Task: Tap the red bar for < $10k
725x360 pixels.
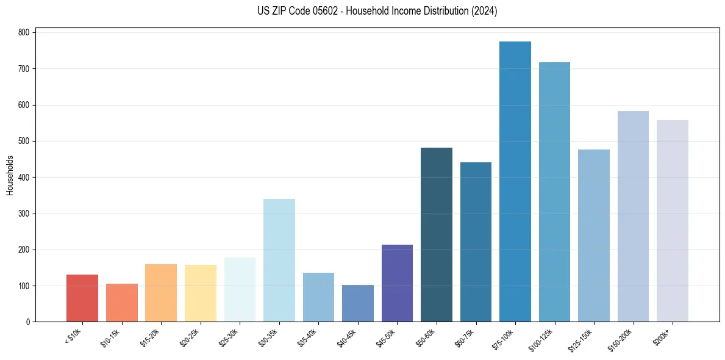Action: (x=82, y=298)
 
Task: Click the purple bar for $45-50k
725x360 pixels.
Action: (x=397, y=283)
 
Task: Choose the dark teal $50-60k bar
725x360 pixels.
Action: (x=437, y=235)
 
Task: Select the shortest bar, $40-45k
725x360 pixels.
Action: (x=358, y=303)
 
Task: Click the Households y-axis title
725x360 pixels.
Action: (x=10, y=175)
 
